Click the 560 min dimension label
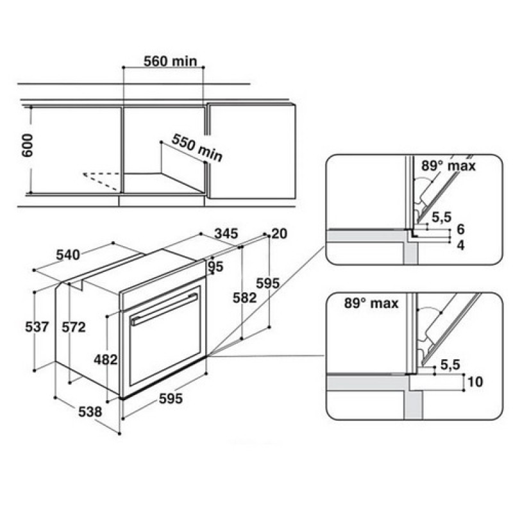coord(171,61)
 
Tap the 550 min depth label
coord(197,147)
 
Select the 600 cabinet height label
coord(28,146)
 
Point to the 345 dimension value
coord(226,233)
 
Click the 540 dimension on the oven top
coord(68,255)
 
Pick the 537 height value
coord(37,326)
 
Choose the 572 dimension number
coord(74,326)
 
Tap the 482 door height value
coord(106,360)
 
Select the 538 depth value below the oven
coord(90,411)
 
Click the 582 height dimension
coord(244,298)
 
